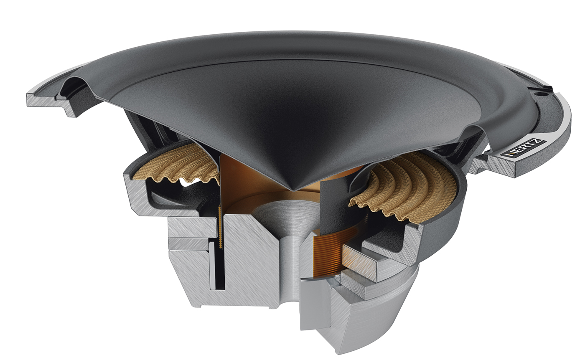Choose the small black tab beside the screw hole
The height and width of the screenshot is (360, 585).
click(x=548, y=87)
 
